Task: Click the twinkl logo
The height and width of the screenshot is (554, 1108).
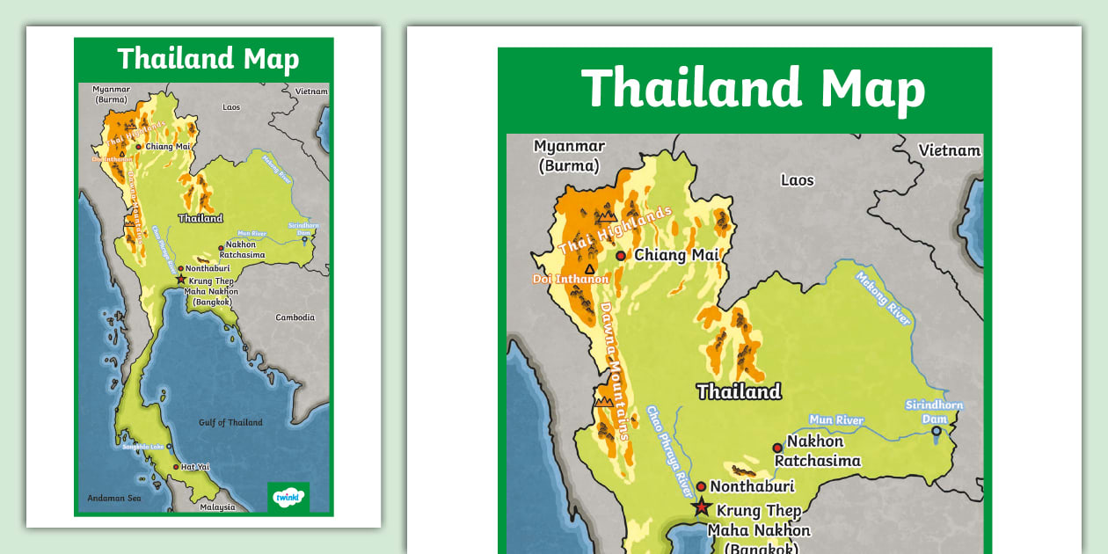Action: coord(288,497)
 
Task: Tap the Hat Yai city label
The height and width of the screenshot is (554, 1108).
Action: coord(195,467)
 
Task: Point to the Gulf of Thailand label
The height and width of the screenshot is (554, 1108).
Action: coord(230,423)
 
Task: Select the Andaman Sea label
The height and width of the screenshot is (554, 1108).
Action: coord(113,499)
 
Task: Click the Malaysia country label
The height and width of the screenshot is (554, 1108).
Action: coord(217,507)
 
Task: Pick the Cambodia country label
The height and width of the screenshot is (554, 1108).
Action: coord(295,317)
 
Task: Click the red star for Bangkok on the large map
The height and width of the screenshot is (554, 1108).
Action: coord(701,507)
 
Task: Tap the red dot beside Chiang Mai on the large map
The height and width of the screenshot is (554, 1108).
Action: coord(621,256)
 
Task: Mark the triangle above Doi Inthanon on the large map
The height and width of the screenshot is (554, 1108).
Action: coord(589,269)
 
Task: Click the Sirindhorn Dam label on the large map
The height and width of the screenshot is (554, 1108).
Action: coord(934,412)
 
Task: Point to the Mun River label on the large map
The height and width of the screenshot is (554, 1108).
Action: coord(836,420)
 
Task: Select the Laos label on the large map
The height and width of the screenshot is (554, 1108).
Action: coord(798,180)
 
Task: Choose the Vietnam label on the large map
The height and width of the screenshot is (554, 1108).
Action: coord(949,150)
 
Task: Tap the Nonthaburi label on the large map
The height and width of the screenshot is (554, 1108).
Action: coord(752,486)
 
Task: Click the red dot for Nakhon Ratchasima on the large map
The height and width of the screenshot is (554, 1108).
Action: coord(777,448)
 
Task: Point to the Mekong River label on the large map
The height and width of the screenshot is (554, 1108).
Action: coord(884,298)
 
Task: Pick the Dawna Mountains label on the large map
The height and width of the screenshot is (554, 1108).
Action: coord(615,369)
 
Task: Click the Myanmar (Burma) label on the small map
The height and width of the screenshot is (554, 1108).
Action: coord(112,94)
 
